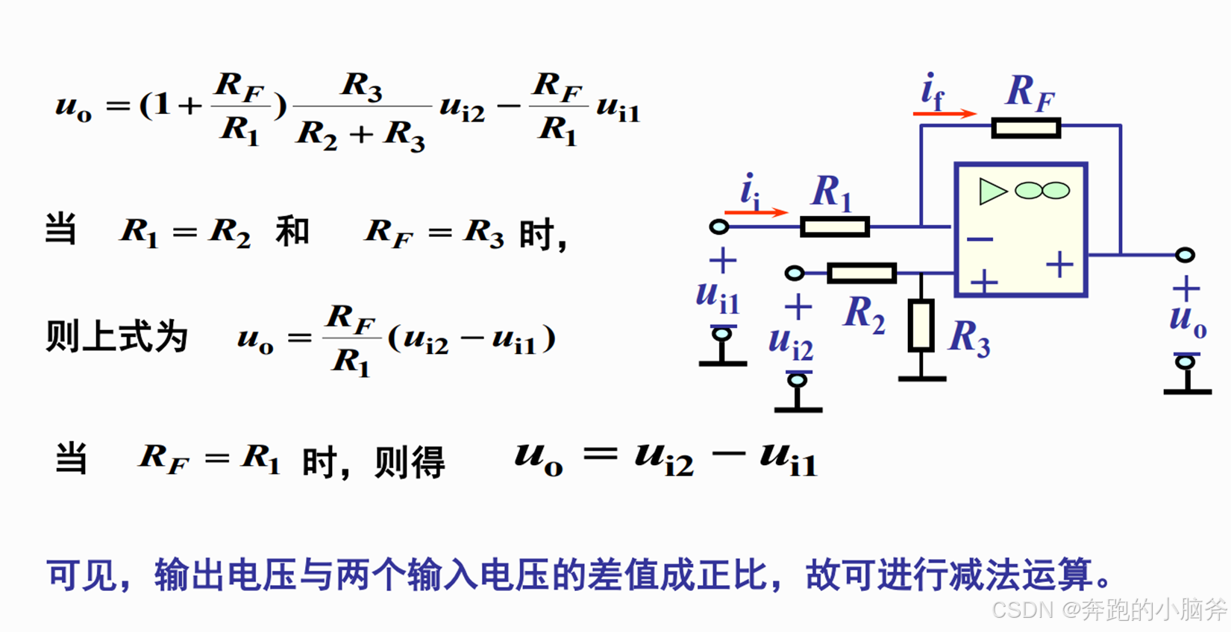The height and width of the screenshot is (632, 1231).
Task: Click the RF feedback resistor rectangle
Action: [x=1026, y=128]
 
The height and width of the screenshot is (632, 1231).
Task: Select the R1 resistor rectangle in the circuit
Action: [x=834, y=226]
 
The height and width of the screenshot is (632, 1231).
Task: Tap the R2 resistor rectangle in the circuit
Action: [x=862, y=273]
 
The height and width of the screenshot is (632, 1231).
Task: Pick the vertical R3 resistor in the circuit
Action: [x=921, y=326]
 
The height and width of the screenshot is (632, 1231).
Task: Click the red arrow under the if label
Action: [x=945, y=113]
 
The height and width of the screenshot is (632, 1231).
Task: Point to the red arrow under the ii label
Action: [x=756, y=212]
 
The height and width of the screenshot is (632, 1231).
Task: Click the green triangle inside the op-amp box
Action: [x=992, y=192]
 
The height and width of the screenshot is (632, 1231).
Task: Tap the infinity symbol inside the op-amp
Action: [x=1042, y=192]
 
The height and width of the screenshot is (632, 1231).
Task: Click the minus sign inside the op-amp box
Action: [x=980, y=239]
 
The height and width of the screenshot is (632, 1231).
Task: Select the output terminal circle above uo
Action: [x=1185, y=255]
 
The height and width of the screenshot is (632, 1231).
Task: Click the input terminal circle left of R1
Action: [x=719, y=226]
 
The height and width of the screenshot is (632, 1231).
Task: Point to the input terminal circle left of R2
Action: [x=795, y=274]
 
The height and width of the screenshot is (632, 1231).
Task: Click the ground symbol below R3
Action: [x=921, y=379]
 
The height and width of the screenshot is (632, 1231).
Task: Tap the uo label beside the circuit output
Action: [x=1187, y=320]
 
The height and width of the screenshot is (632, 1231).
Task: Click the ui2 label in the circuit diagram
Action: [x=791, y=343]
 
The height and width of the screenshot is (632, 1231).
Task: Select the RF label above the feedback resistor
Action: [x=1030, y=92]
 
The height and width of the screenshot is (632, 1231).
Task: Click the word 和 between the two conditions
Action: [x=292, y=232]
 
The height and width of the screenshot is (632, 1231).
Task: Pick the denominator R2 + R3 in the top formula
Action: [x=361, y=135]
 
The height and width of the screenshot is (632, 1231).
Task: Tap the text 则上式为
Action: [x=116, y=337]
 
